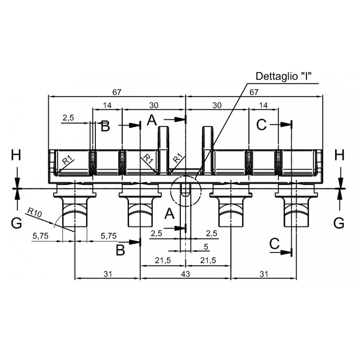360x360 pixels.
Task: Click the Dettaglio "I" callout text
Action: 283,76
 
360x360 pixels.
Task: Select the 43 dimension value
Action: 185,274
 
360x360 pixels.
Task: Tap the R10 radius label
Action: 35,212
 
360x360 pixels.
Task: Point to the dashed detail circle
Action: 185,191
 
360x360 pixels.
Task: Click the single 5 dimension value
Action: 206,247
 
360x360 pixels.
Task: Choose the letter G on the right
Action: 339,223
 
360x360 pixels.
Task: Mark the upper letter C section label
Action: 261,125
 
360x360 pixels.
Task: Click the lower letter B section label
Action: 120,250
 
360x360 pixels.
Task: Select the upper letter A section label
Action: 152,120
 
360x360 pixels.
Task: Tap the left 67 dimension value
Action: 117,92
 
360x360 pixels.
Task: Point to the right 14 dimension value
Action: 263,105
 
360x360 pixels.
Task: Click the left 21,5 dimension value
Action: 163,260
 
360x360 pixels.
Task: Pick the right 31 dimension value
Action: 264,274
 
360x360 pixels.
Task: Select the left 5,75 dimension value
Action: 40,236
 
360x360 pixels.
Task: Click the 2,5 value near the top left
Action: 68,118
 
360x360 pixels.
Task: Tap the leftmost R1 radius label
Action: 67,160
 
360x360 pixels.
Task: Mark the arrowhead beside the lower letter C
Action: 286,252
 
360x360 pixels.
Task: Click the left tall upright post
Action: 163,150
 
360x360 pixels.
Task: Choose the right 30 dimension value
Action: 217,105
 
